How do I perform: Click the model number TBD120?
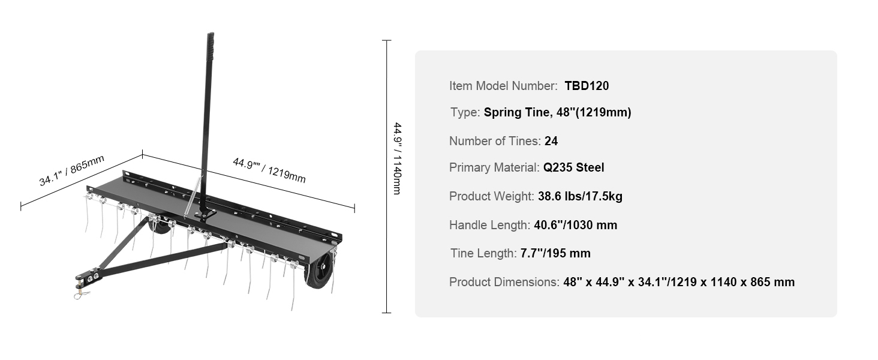(x=587, y=86)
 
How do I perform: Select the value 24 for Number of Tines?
(x=551, y=141)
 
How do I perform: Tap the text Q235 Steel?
(x=573, y=167)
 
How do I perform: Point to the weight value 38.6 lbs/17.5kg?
(x=580, y=196)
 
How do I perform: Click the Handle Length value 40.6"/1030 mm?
(x=575, y=225)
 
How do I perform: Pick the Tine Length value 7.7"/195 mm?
(x=555, y=253)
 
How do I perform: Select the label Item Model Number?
(x=503, y=86)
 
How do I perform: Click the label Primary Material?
(x=494, y=167)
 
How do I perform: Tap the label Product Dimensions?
(x=504, y=282)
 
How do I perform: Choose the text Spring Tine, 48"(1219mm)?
(x=557, y=113)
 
